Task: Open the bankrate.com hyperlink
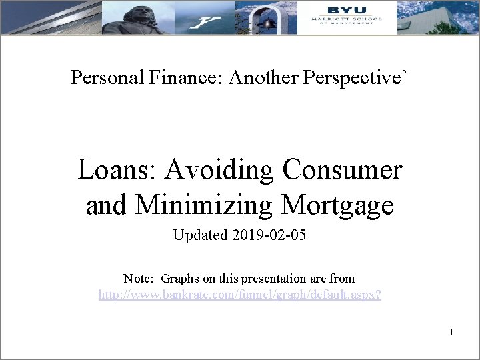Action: (x=240, y=294)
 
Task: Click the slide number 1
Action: (x=451, y=331)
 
